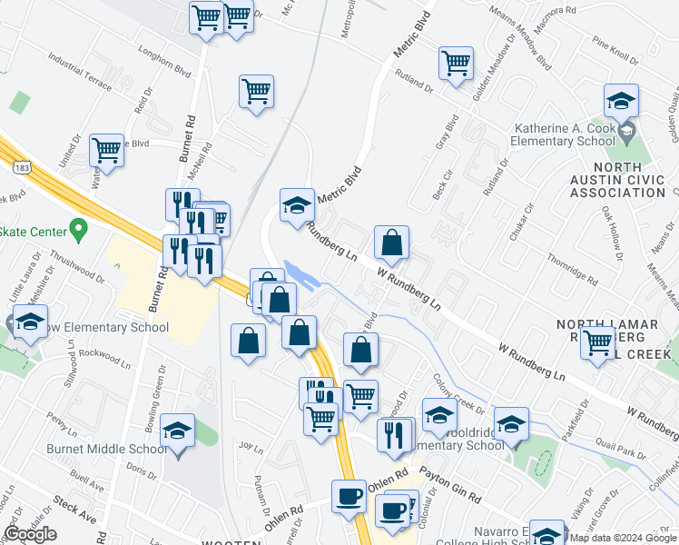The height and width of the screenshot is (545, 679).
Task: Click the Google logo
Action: tap(30, 534)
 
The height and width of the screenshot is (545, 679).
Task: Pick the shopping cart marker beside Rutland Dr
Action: tap(456, 64)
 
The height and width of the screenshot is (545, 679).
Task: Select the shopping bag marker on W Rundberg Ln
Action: tap(391, 243)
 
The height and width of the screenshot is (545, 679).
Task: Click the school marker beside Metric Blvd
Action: tap(297, 205)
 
